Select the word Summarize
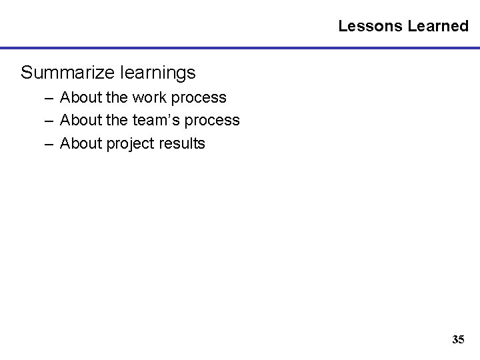(x=65, y=71)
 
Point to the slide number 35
(x=458, y=339)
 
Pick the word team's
(x=155, y=120)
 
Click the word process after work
(x=199, y=98)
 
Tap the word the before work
(x=117, y=97)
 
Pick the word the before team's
(x=117, y=120)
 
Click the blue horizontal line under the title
(x=240, y=49)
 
